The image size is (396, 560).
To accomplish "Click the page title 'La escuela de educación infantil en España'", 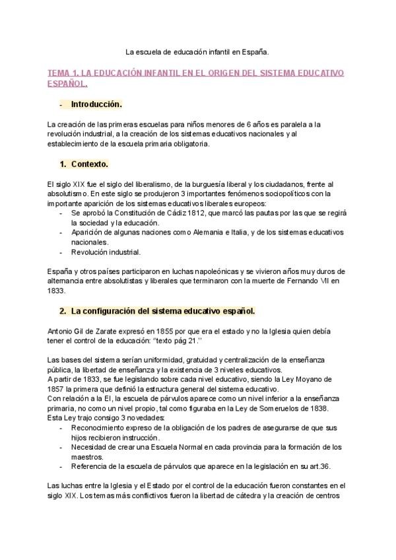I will click(x=197, y=50).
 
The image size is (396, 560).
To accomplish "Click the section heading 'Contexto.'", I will click(x=89, y=163).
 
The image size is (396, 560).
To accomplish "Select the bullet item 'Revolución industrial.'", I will click(x=106, y=252).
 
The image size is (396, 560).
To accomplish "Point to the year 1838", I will click(x=279, y=409).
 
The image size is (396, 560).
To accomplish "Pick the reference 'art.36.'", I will click(x=302, y=466).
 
